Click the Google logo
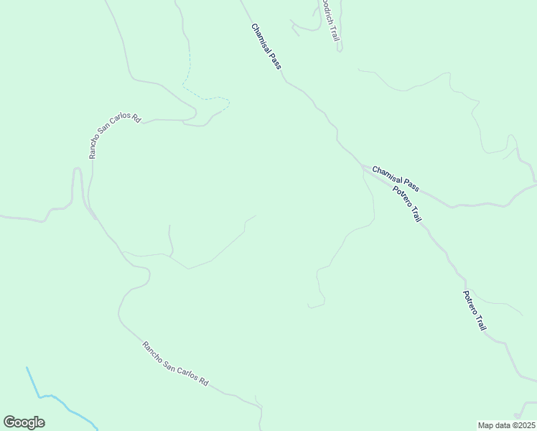click(24, 422)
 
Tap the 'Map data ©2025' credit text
click(507, 425)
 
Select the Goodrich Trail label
click(330, 22)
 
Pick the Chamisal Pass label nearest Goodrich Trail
click(266, 47)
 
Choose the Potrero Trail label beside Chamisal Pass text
click(406, 203)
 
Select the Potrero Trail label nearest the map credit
click(475, 310)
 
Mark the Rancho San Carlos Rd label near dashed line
click(113, 134)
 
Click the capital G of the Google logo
click(9, 422)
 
